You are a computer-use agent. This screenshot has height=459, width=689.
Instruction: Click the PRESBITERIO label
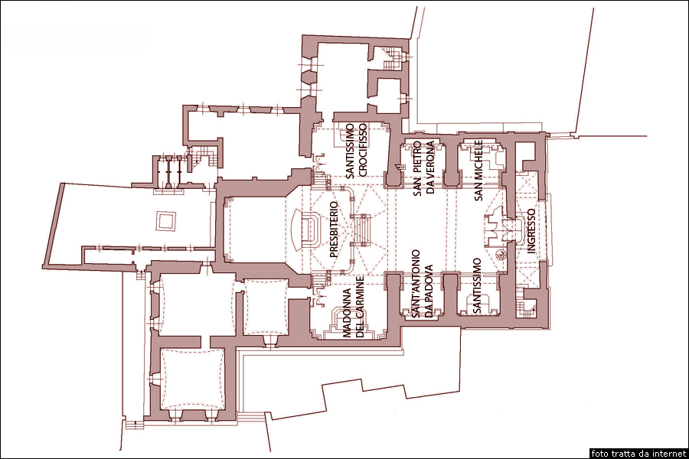[334, 229]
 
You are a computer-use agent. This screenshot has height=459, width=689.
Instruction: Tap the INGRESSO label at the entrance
[531, 231]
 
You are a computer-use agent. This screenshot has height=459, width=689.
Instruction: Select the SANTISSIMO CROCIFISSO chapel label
[356, 151]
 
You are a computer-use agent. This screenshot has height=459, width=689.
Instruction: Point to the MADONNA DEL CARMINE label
[354, 307]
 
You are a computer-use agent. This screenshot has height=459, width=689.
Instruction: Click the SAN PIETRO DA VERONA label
[423, 168]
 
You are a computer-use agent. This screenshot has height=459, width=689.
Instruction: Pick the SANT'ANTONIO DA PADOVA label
[421, 284]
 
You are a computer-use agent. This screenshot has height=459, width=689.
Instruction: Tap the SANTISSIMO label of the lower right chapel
[477, 286]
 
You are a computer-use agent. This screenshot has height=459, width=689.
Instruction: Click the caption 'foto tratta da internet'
[638, 454]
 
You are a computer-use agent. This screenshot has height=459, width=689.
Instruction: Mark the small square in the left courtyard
[166, 221]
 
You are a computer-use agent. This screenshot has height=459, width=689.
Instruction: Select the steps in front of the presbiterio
[363, 229]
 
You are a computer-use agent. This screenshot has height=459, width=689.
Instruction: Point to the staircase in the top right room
[391, 60]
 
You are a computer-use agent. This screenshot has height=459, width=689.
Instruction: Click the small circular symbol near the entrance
[500, 253]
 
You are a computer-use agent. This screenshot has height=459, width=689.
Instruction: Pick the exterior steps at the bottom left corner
[136, 425]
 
